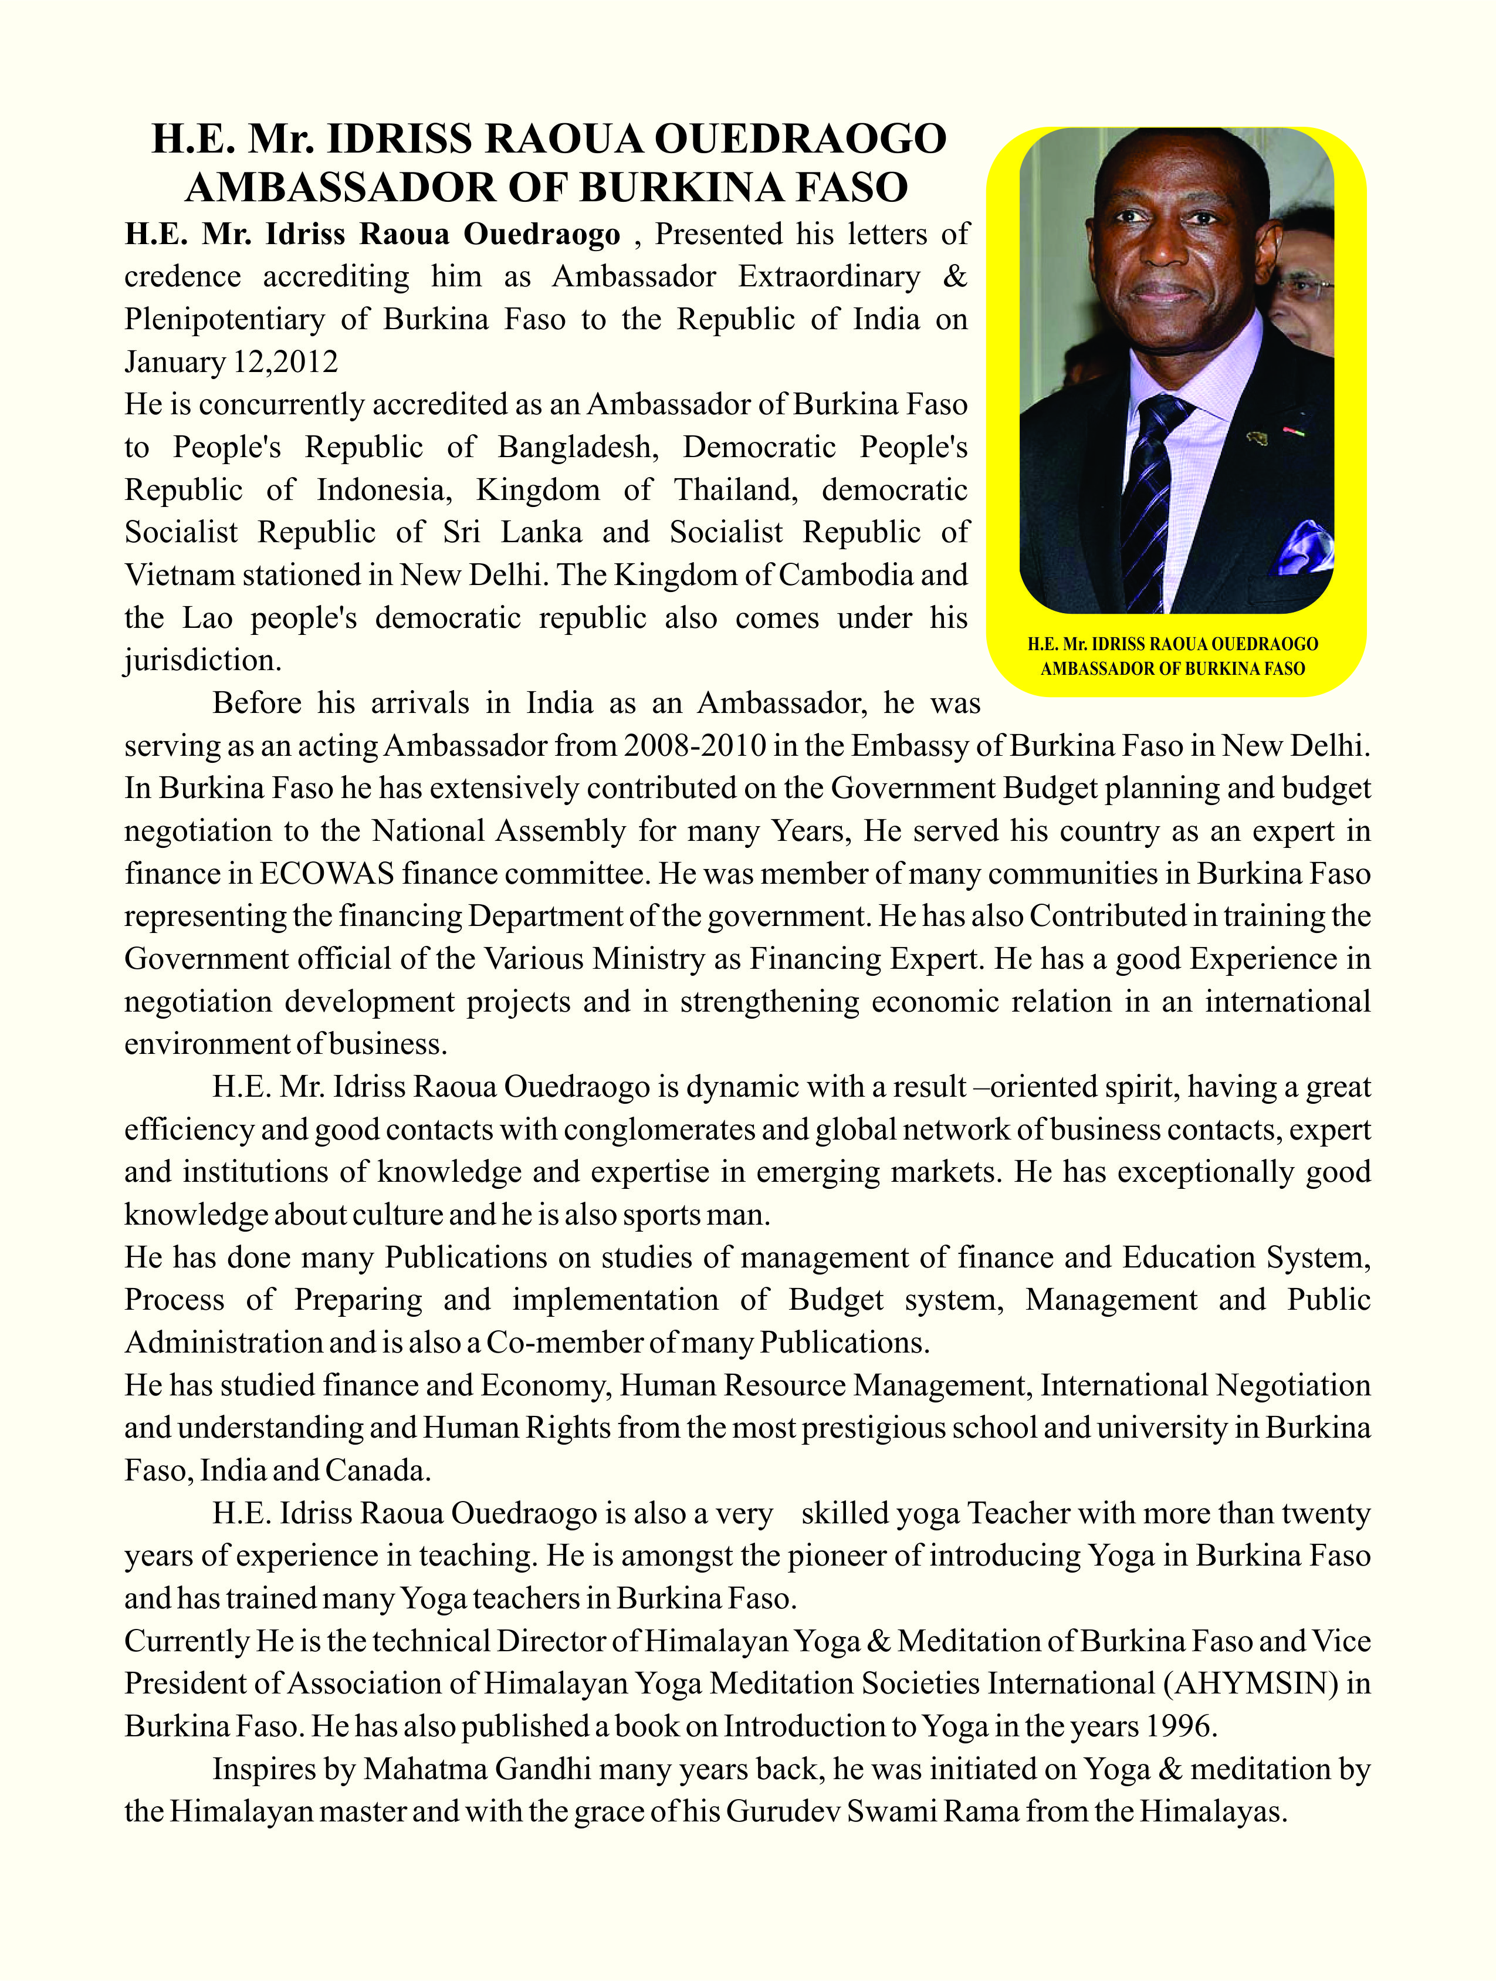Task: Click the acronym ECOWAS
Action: tap(327, 873)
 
